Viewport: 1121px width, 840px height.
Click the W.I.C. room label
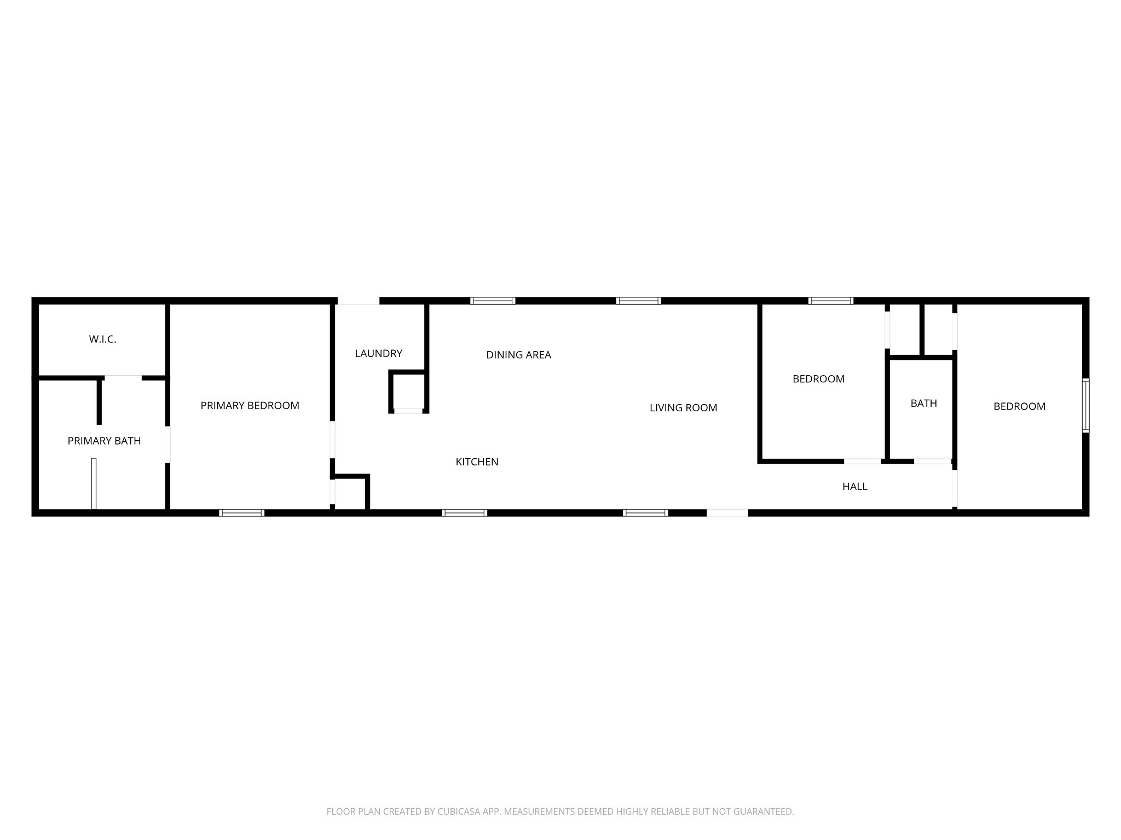pos(102,340)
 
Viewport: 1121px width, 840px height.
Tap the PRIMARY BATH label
pos(104,441)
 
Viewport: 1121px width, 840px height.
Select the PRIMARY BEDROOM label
pos(250,406)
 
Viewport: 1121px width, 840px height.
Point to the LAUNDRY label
pos(378,354)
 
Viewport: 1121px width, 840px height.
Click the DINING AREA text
pos(518,355)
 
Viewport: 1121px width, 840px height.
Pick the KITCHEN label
pos(477,462)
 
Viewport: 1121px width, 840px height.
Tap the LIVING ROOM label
pos(683,408)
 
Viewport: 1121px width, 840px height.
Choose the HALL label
pos(854,487)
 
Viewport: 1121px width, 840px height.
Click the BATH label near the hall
pos(923,404)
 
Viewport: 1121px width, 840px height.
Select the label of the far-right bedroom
pos(1019,407)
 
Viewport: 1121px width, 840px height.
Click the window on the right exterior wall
pos(1085,405)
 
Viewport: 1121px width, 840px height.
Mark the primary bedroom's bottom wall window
pos(242,513)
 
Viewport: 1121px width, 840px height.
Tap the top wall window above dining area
pos(493,301)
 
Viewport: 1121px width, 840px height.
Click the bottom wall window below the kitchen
pos(464,513)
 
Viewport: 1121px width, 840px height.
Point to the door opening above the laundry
pos(358,301)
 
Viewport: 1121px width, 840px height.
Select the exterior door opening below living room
pos(727,513)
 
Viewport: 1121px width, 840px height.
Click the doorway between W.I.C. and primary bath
pos(123,377)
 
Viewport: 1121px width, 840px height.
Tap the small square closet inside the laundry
pos(408,391)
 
